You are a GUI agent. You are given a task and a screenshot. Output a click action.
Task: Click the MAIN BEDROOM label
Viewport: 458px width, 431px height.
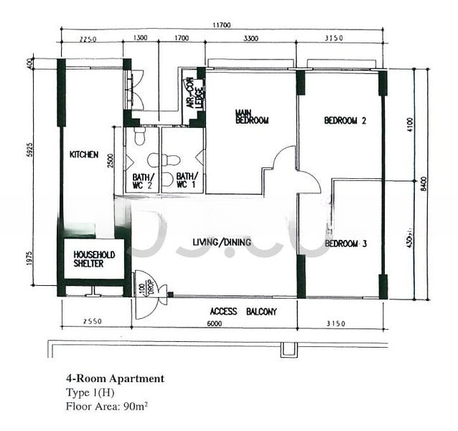pyautogui.click(x=252, y=116)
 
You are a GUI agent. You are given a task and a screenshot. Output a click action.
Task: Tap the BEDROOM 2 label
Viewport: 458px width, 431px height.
pyautogui.click(x=345, y=121)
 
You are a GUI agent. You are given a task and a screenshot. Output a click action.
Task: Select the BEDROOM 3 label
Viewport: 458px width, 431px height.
pyautogui.click(x=346, y=244)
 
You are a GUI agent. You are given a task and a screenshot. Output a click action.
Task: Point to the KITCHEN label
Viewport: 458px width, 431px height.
pyautogui.click(x=83, y=154)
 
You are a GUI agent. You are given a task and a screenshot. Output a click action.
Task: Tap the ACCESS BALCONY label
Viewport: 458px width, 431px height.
pyautogui.click(x=243, y=312)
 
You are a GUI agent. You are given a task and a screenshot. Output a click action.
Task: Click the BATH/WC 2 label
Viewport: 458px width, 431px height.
pyautogui.click(x=141, y=181)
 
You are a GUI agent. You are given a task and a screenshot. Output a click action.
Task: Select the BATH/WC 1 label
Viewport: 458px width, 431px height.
pyautogui.click(x=187, y=181)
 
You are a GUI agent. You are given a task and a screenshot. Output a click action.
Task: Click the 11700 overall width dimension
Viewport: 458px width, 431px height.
pyautogui.click(x=220, y=26)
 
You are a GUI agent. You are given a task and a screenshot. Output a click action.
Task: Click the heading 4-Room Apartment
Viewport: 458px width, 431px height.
pyautogui.click(x=115, y=379)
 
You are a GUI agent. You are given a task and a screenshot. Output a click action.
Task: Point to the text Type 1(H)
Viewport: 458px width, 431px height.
pyautogui.click(x=90, y=392)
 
